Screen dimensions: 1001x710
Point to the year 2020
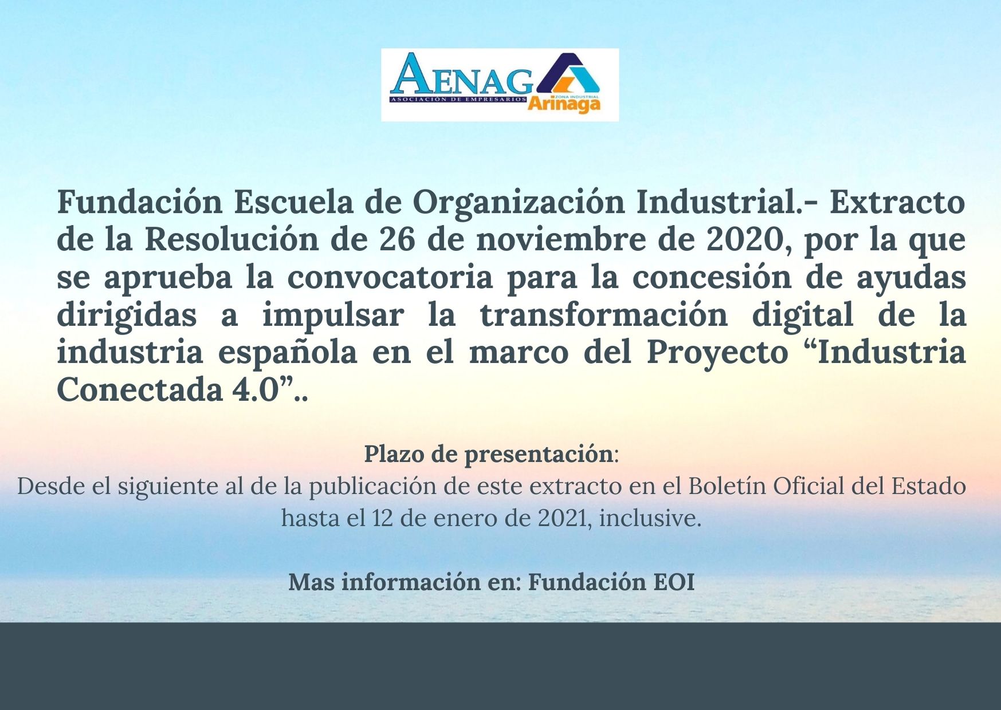744,240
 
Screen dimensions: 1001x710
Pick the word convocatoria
390,277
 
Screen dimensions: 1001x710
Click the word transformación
603,314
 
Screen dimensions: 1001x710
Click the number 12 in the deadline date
382,518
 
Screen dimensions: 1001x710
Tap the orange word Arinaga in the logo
564,104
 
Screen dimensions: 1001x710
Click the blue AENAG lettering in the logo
461,74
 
